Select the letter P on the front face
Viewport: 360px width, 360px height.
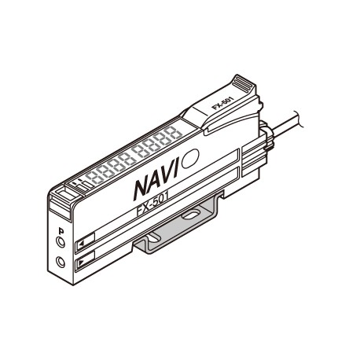61,231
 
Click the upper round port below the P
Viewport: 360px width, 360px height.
61,244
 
